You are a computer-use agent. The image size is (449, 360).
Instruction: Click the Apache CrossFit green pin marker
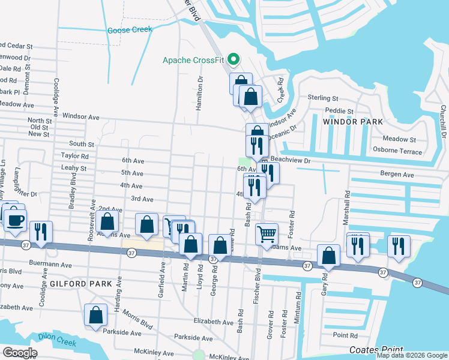point(235,59)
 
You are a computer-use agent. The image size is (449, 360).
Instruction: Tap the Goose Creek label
point(127,31)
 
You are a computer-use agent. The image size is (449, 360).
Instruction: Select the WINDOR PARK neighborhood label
point(353,122)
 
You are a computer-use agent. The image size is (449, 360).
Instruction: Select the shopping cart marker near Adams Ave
point(267,233)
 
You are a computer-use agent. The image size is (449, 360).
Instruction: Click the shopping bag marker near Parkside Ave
point(96,315)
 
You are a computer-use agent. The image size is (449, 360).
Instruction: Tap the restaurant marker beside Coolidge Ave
point(41,231)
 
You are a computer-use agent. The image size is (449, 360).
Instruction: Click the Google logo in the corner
point(20,353)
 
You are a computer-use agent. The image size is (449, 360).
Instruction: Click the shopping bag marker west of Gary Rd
point(329,255)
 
